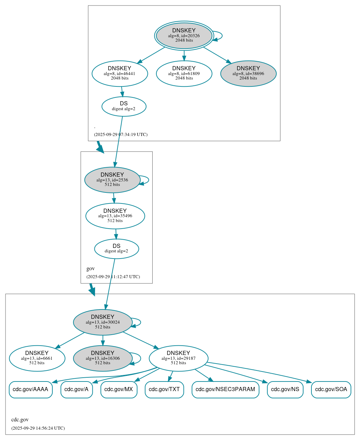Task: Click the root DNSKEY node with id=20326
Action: pos(184,35)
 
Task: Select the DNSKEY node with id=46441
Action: pos(120,73)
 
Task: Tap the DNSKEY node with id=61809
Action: pos(184,73)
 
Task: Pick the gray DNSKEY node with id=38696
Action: pos(248,73)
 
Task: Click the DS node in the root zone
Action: pos(124,106)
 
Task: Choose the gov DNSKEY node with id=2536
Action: pos(112,180)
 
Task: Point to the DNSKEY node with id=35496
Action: pos(115,216)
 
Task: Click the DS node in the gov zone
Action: pos(116,249)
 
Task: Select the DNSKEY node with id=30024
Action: pos(103,322)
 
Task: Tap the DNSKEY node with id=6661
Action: pos(37,358)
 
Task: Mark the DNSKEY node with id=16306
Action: pos(103,358)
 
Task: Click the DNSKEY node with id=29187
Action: pos(178,358)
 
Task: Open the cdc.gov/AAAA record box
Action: pos(31,389)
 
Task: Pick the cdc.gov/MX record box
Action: pos(119,389)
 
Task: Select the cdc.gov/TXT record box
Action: pos(164,389)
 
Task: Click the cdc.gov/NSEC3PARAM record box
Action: pos(225,389)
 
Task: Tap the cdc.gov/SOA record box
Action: pos(331,389)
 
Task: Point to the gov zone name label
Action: pos(91,269)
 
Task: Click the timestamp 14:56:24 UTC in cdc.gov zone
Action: pos(38,428)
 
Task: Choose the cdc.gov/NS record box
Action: pos(285,389)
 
